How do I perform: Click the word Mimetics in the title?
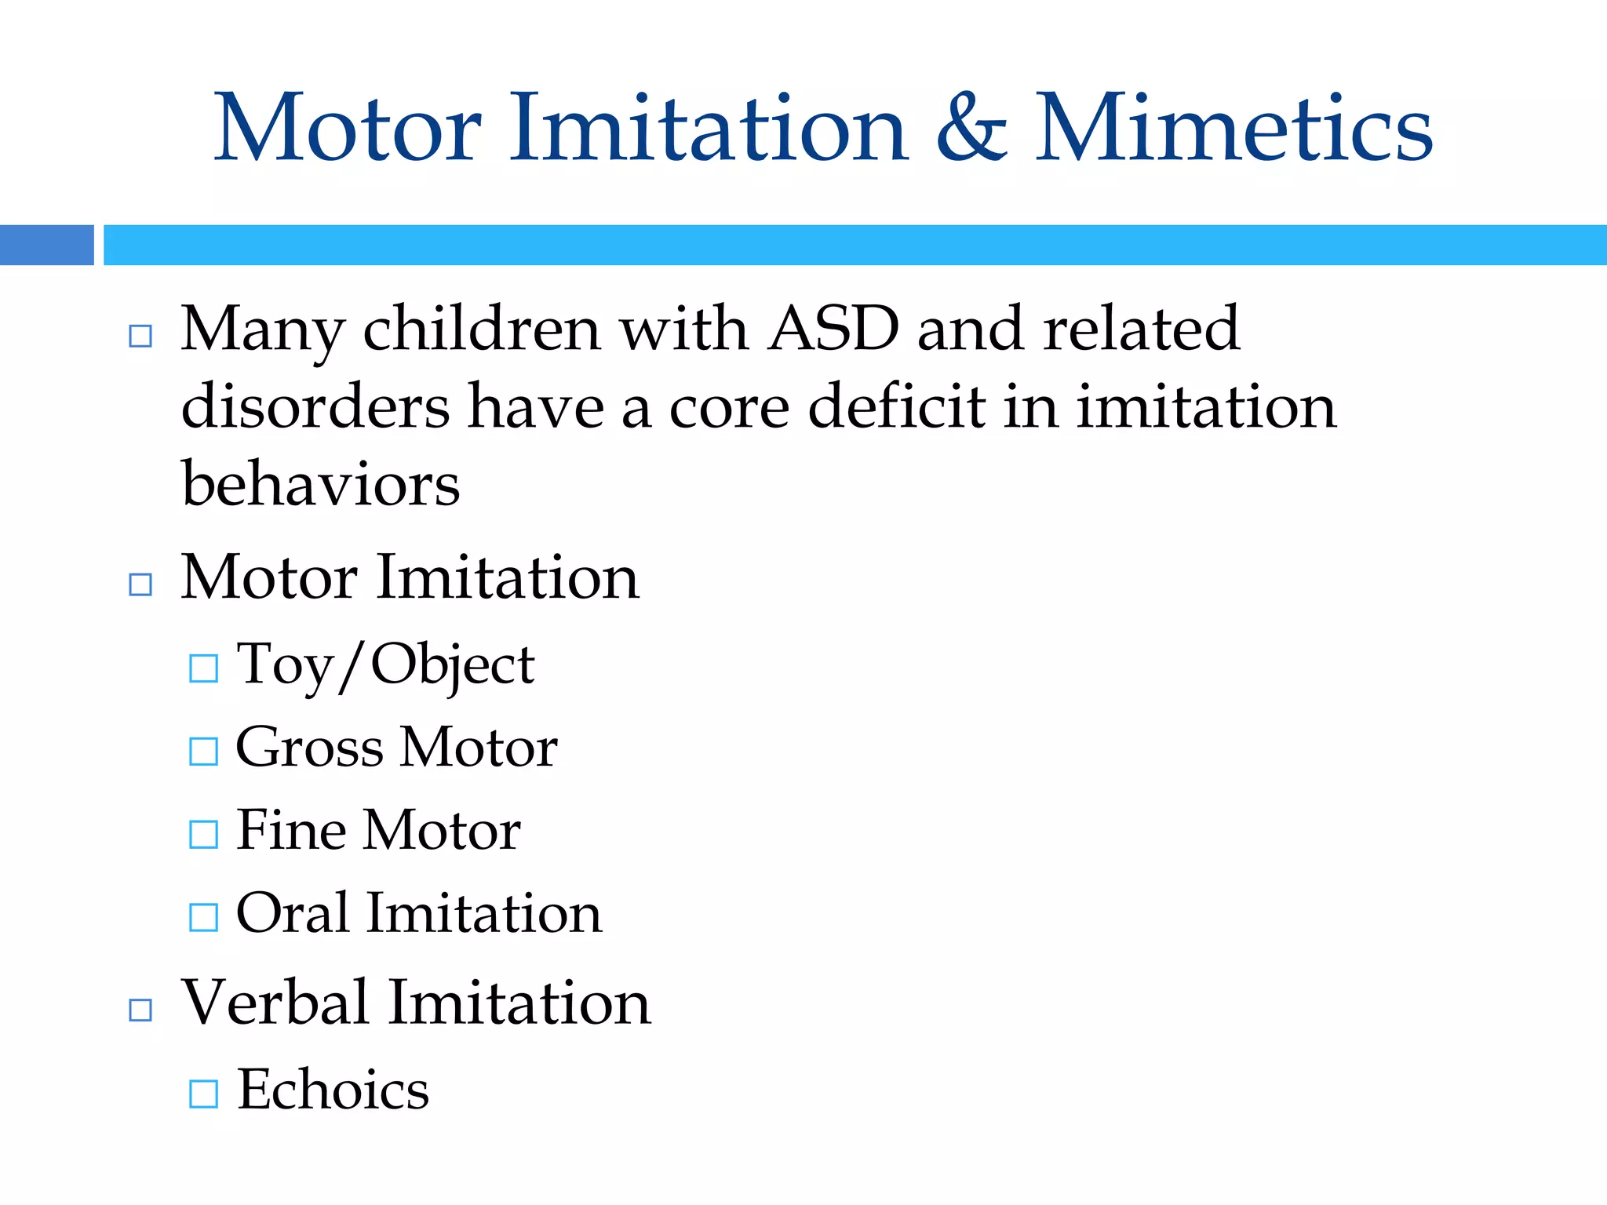(x=1233, y=127)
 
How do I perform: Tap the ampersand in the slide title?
(x=971, y=127)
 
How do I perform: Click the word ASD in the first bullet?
(x=833, y=328)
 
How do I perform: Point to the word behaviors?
(x=320, y=484)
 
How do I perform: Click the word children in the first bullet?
(x=482, y=328)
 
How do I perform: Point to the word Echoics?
(x=333, y=1090)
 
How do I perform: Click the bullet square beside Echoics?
(x=204, y=1094)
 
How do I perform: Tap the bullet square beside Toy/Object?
(x=204, y=668)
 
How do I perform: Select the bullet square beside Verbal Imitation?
(x=140, y=1010)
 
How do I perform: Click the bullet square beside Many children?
(x=140, y=336)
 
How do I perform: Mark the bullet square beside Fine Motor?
(x=204, y=834)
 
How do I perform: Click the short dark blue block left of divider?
(x=47, y=245)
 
